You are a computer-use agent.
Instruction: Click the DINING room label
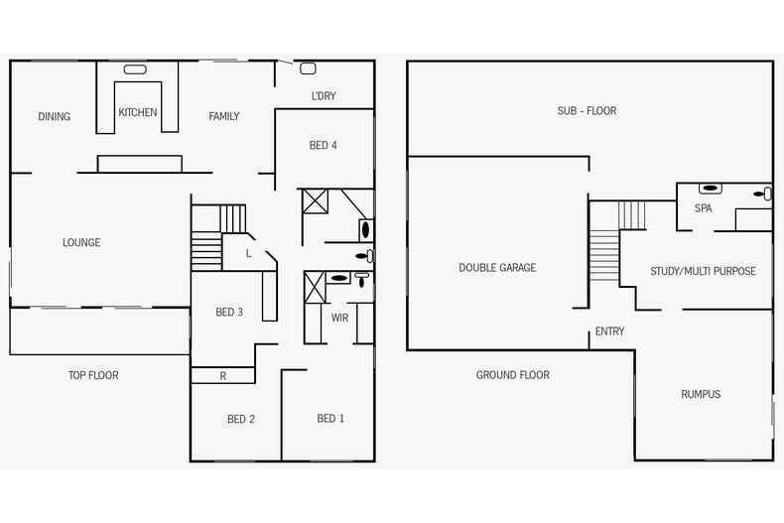[55, 116]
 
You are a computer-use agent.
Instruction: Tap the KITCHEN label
[138, 112]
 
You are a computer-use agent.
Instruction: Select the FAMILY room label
[224, 116]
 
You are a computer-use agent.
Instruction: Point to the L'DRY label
[324, 96]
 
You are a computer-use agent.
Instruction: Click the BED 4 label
[324, 145]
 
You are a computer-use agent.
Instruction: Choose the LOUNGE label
[81, 242]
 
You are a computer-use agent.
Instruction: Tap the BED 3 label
[229, 312]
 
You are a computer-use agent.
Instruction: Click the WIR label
[339, 318]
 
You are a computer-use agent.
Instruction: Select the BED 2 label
[241, 419]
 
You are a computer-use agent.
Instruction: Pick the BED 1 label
[330, 418]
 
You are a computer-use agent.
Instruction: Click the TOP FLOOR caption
[93, 375]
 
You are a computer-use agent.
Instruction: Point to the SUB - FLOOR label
[587, 110]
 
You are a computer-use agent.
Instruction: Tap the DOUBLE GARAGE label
[497, 267]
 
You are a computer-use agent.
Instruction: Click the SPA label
[703, 208]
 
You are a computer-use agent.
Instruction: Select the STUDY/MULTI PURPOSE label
[703, 271]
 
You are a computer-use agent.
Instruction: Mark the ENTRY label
[609, 331]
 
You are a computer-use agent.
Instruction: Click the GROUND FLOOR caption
[512, 374]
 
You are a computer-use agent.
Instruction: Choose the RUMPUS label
[701, 394]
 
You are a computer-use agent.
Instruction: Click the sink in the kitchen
[135, 69]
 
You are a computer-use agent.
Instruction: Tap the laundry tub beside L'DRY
[308, 68]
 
